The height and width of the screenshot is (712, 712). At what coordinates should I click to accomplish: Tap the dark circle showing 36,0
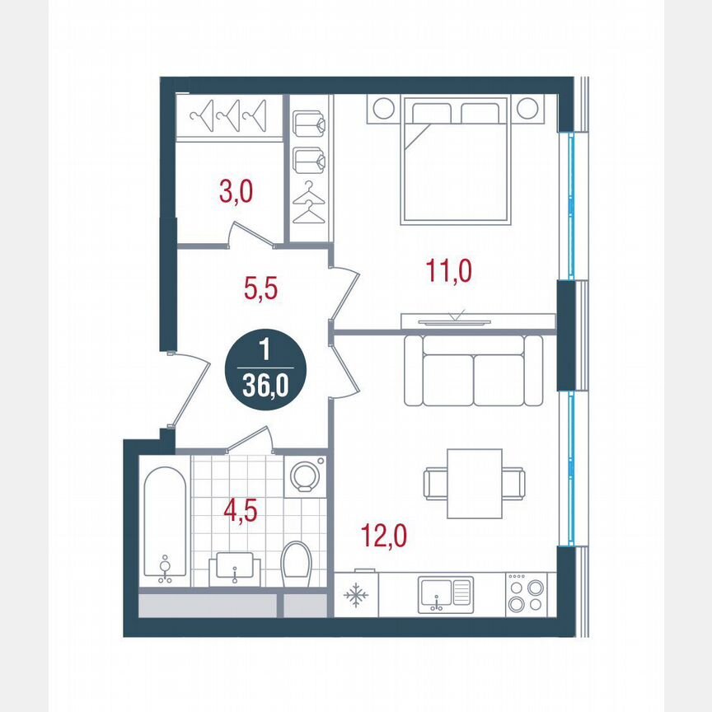[x=265, y=373]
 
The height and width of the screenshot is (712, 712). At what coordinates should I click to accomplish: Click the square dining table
[x=475, y=483]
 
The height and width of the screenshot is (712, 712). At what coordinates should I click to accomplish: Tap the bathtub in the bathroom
[x=165, y=523]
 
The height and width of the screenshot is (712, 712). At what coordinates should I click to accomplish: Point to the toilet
[x=295, y=564]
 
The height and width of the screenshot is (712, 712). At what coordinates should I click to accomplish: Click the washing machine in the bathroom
[x=306, y=476]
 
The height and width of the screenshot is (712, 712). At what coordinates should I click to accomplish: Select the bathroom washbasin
[x=236, y=568]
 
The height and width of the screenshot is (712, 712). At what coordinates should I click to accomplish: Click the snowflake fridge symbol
[x=356, y=595]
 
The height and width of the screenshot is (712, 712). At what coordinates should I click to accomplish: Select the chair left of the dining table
[x=434, y=483]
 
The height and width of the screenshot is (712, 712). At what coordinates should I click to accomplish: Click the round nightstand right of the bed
[x=528, y=108]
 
